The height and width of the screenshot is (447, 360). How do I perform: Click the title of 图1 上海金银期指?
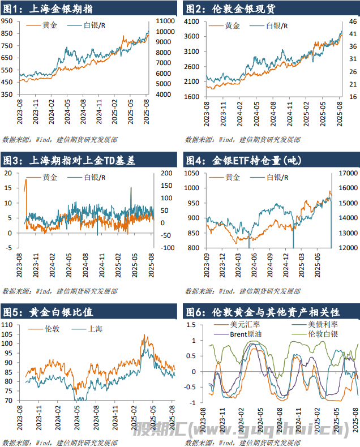pyautogui.click(x=48, y=9)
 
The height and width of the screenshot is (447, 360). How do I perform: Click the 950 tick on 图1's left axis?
pyautogui.click(x=7, y=20)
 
